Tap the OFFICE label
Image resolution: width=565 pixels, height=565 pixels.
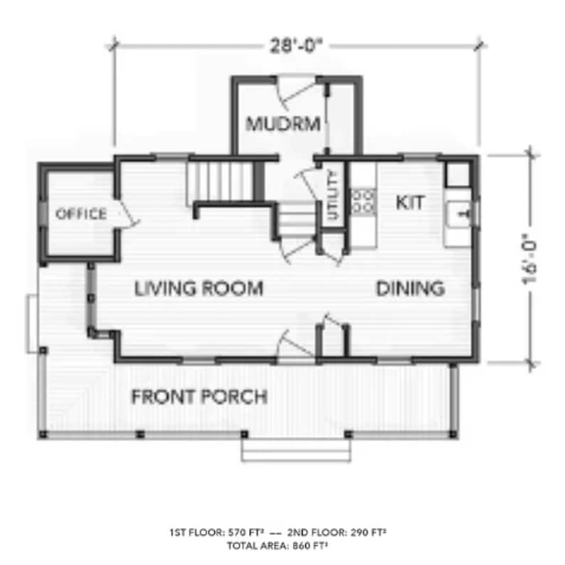[x=81, y=213]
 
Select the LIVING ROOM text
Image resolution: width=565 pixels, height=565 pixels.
[x=199, y=288]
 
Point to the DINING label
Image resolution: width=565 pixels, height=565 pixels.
[x=410, y=288]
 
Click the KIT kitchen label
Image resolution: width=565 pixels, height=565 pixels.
[x=410, y=203]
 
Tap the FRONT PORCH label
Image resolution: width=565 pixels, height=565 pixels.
[x=199, y=396]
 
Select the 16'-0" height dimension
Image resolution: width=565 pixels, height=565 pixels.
[x=530, y=259]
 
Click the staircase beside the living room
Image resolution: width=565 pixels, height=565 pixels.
[x=221, y=182]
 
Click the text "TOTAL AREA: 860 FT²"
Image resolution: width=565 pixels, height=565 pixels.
[x=278, y=546]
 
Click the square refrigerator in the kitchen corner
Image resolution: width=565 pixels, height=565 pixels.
[x=456, y=173]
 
